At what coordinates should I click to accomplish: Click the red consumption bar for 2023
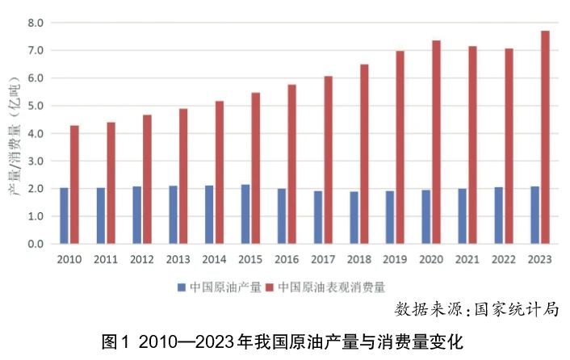(x=545, y=137)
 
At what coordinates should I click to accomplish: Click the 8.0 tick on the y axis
(x=35, y=23)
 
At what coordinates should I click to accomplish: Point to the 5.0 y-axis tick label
(x=35, y=106)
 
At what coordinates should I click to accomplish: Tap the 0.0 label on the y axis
(x=35, y=244)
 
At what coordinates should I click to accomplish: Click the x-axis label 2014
(x=214, y=260)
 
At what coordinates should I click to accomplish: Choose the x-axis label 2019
(x=395, y=260)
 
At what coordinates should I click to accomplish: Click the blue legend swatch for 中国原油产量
(x=182, y=287)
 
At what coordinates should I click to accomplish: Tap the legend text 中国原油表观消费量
(x=332, y=287)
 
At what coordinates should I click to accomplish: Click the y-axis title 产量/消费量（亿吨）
(x=14, y=133)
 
